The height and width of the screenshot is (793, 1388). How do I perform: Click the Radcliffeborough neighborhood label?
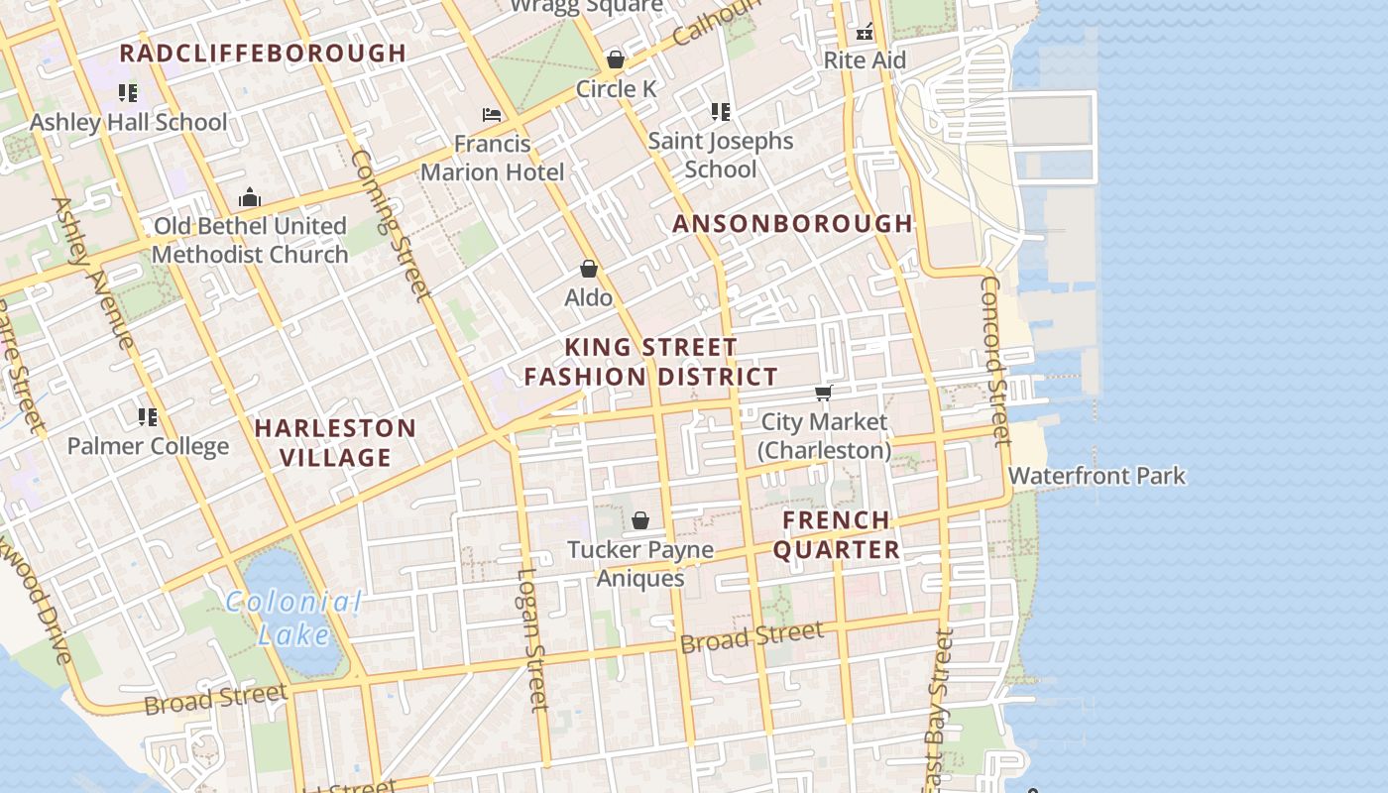(263, 54)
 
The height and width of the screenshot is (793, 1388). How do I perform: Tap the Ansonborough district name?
(792, 224)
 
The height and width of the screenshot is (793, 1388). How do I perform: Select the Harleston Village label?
(336, 443)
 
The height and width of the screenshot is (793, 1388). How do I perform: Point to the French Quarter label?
(837, 535)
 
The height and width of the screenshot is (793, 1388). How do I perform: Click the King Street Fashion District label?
(651, 362)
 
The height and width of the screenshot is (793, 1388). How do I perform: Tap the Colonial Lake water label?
(292, 618)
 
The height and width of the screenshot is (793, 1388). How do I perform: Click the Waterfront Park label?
(1097, 476)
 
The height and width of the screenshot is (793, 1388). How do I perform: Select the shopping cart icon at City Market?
(823, 394)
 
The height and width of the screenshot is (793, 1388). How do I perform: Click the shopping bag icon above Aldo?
(589, 269)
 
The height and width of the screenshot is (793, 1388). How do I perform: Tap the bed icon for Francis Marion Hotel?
(492, 115)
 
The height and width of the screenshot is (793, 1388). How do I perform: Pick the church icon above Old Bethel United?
(250, 197)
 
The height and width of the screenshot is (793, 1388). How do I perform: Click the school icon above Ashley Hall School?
(128, 93)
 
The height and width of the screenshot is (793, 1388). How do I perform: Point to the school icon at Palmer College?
(148, 416)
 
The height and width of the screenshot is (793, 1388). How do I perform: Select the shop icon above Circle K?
(616, 59)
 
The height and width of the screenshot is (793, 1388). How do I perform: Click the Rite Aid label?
(865, 60)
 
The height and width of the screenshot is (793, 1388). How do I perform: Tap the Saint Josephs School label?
(721, 155)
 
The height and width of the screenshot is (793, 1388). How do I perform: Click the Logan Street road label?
(532, 639)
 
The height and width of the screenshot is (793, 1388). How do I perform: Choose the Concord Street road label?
(994, 359)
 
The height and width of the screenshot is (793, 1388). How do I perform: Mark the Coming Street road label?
(391, 225)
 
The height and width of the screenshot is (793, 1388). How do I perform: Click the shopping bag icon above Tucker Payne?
(640, 520)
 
